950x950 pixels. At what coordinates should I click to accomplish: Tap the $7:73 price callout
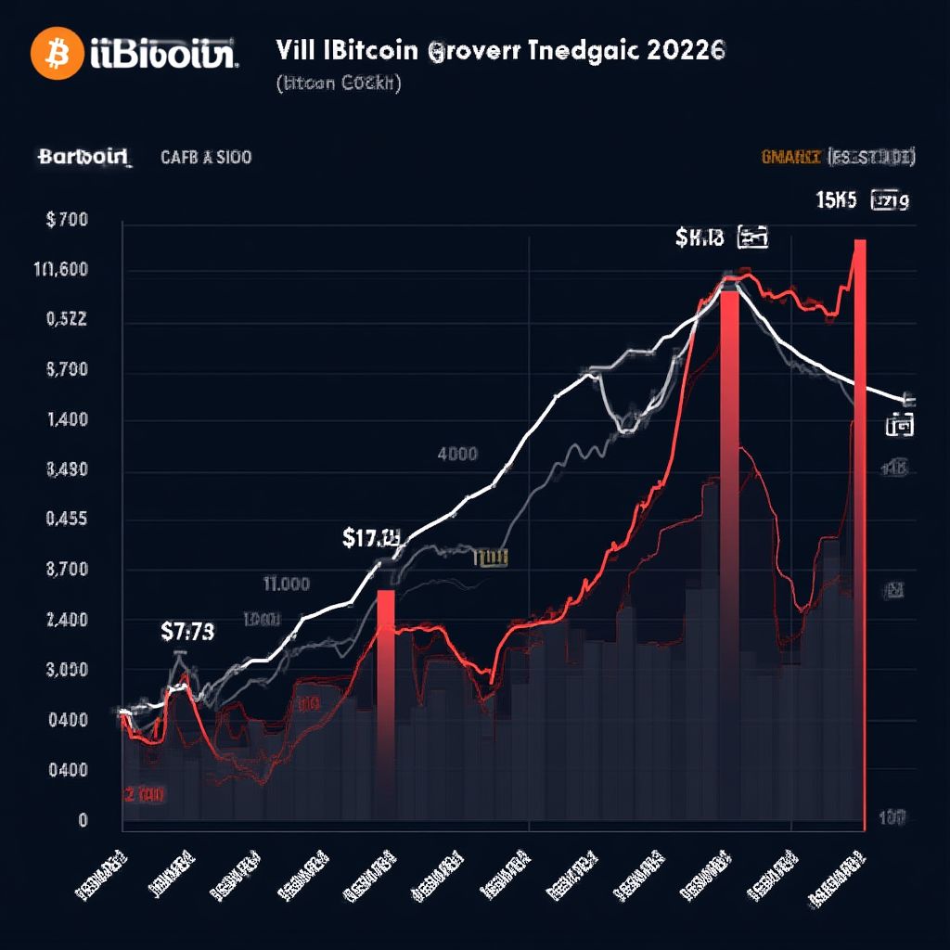[x=187, y=632]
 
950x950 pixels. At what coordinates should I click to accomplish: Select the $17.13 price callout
[x=371, y=536]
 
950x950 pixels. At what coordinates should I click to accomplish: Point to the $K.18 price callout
[x=700, y=238]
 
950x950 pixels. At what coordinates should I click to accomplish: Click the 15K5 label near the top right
[x=836, y=199]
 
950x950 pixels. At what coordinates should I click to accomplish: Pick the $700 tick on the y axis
[x=66, y=220]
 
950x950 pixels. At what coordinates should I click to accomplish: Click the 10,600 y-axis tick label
[x=60, y=270]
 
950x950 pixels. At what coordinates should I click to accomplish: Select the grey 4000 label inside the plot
[x=457, y=454]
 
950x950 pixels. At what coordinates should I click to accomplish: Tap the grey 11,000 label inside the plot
[x=286, y=584]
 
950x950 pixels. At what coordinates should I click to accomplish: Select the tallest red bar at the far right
[x=860, y=529]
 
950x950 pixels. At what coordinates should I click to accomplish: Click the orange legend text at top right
[x=791, y=157]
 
